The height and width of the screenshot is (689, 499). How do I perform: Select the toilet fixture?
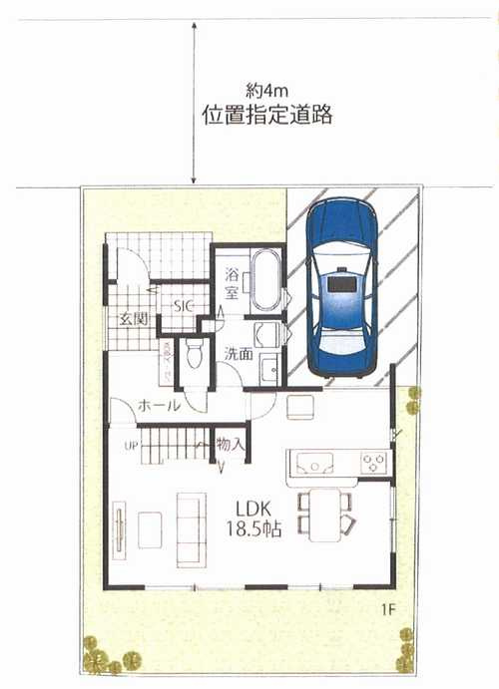pos(194,355)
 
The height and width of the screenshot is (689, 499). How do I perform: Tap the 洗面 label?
pos(238,352)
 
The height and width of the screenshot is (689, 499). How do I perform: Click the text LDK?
pos(251,507)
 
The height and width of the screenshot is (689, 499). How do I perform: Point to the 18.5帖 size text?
pos(253,529)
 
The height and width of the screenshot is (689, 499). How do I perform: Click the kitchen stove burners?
pos(372,463)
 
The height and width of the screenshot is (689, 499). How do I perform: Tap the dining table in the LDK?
pos(323,516)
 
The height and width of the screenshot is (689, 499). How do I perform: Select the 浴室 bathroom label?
pos(231,283)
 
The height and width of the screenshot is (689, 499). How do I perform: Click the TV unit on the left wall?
pos(119,529)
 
